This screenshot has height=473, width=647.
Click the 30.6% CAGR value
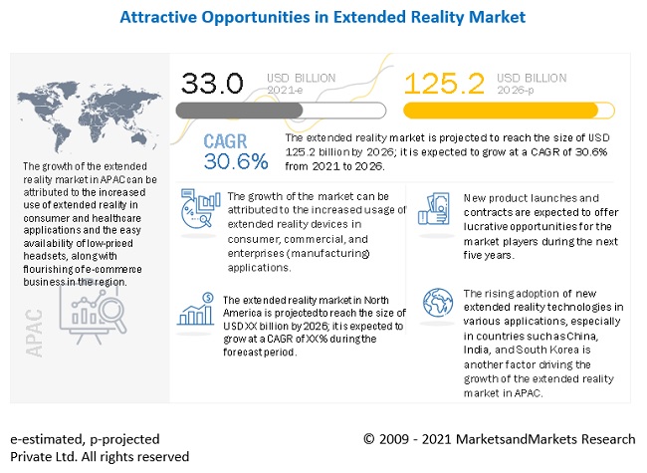click(x=236, y=160)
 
